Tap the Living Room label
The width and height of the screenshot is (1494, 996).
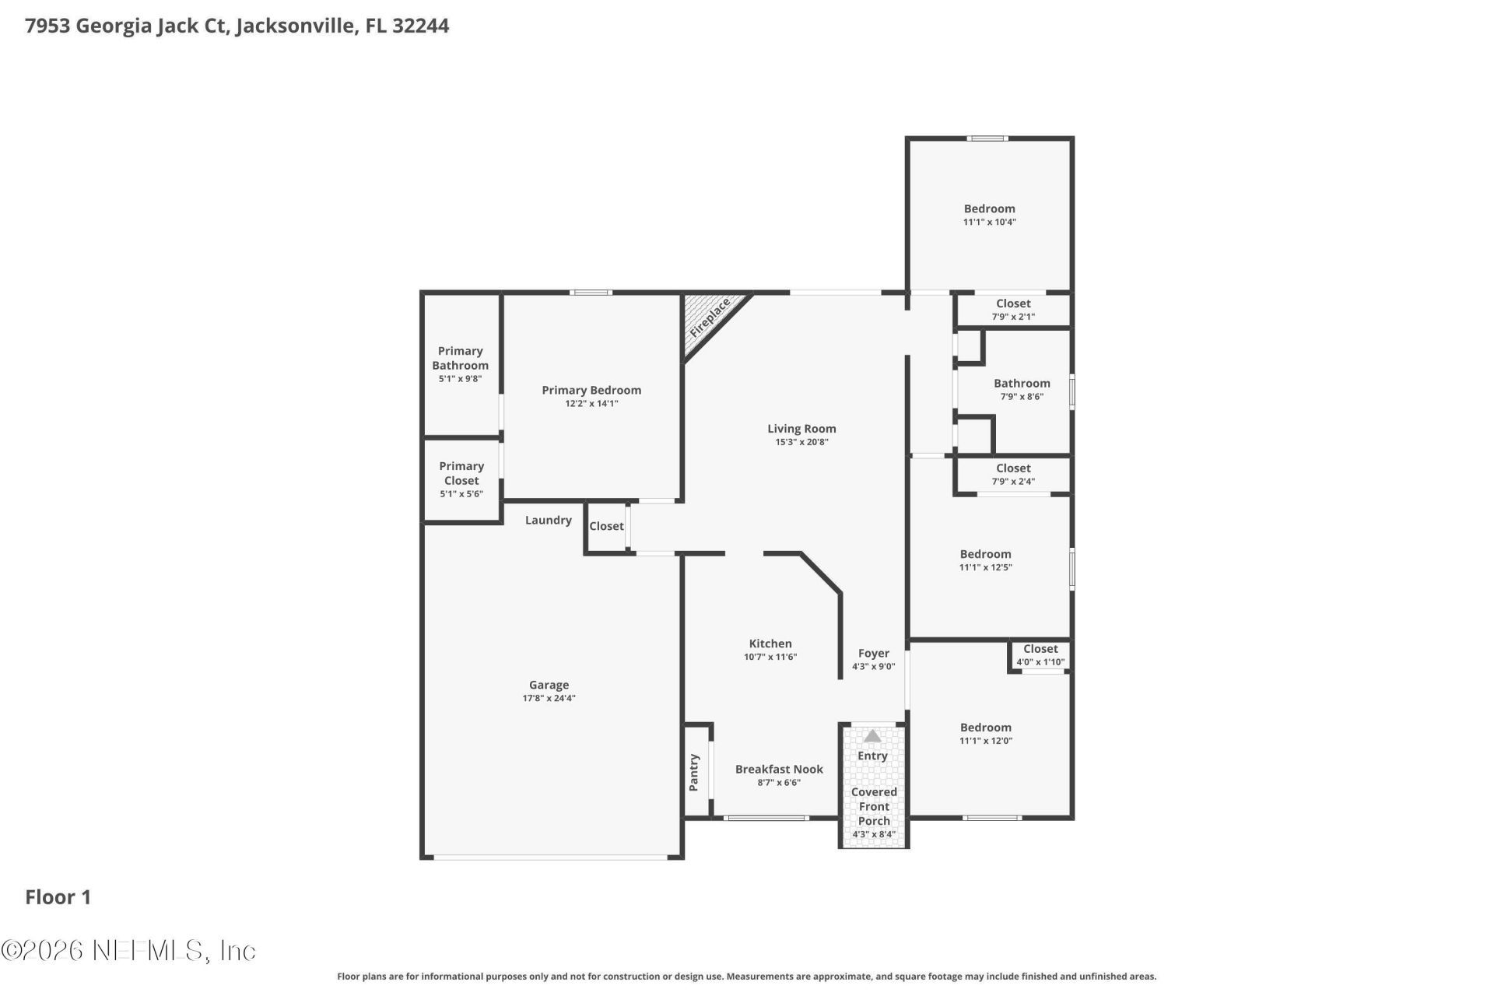click(x=801, y=429)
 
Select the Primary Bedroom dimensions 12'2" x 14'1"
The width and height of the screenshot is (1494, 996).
click(x=591, y=404)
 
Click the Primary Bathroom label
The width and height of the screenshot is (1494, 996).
click(x=461, y=358)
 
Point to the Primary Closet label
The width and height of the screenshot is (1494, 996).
click(x=461, y=473)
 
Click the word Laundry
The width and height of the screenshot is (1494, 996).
click(x=549, y=521)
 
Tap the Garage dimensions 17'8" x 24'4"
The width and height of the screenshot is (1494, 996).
click(x=549, y=699)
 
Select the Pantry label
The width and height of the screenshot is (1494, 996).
click(x=694, y=772)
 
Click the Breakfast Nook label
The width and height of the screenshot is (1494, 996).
click(x=779, y=770)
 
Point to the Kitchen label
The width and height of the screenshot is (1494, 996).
click(x=770, y=644)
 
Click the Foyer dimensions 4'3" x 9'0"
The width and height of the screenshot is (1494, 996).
click(x=874, y=667)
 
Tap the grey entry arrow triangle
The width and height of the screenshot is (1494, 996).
click(x=872, y=735)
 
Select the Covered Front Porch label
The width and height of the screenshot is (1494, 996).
click(x=874, y=806)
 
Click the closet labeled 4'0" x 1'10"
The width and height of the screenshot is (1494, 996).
click(x=1040, y=655)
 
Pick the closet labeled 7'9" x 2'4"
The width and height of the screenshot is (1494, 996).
click(x=1013, y=475)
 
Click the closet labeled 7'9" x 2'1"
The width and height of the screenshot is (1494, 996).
click(x=1013, y=310)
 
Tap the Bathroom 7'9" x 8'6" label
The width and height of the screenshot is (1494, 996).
click(x=1022, y=389)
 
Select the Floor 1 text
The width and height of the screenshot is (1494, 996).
click(x=58, y=897)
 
